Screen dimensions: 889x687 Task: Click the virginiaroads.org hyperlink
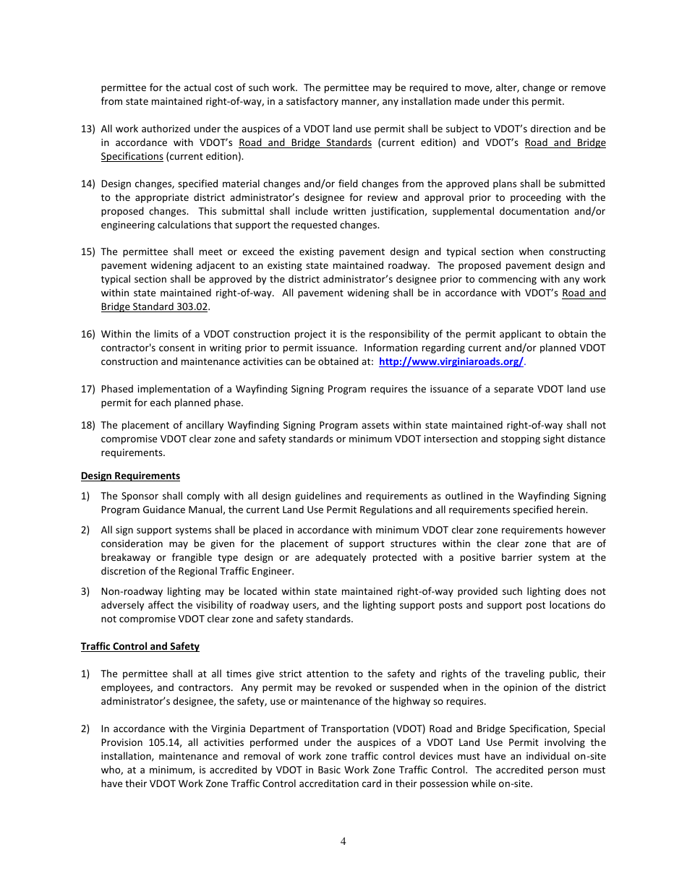(451, 361)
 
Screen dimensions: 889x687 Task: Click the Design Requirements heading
(130, 476)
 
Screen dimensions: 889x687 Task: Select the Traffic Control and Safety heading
(140, 646)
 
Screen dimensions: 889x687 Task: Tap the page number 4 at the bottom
(343, 841)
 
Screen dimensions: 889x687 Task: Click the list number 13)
(88, 129)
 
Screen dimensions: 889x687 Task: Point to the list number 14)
(88, 184)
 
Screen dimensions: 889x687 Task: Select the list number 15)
(88, 252)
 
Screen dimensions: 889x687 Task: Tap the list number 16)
(88, 334)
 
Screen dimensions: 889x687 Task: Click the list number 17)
(88, 389)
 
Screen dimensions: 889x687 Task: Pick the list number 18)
(88, 425)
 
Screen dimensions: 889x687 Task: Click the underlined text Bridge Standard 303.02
(154, 306)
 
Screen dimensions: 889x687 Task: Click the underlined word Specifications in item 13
(132, 156)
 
